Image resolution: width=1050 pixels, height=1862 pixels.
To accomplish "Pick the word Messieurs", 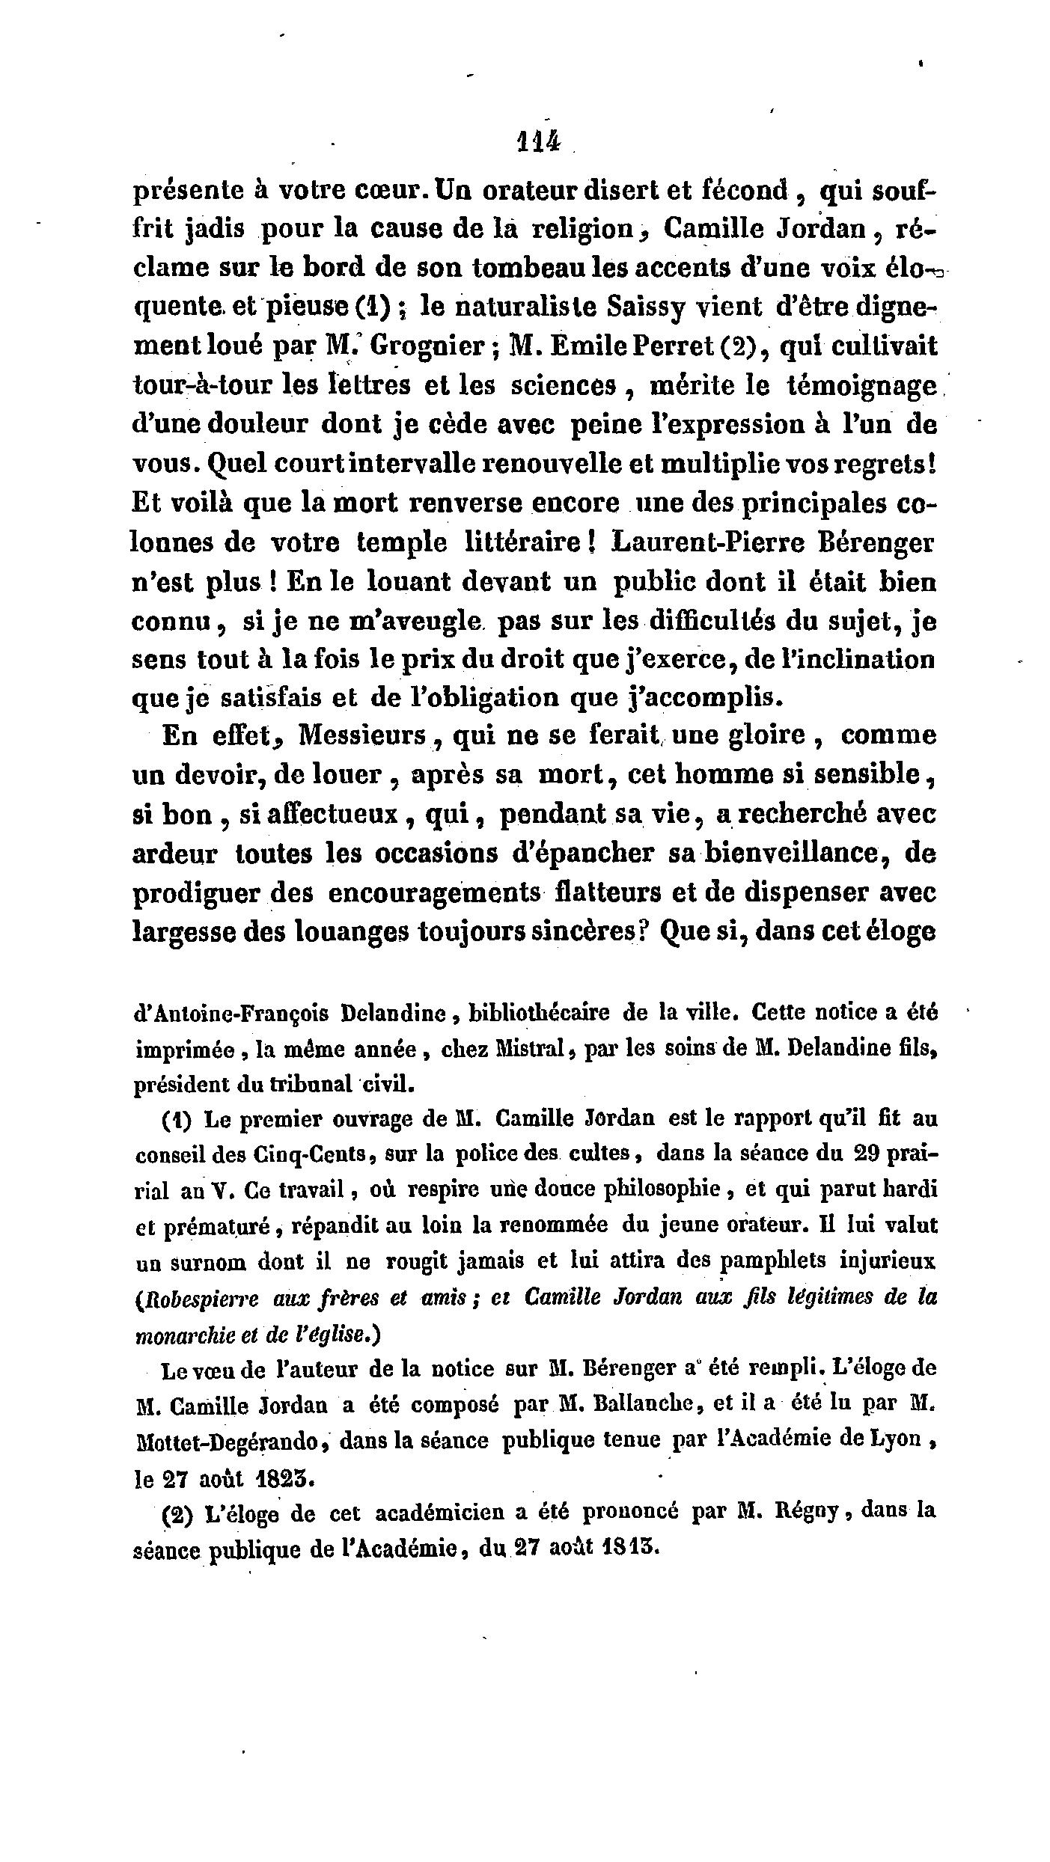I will pos(362,735).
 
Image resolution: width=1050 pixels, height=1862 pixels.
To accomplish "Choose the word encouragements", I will pos(435,892).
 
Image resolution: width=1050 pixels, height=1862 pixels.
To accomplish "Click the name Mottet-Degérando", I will pos(228,1440).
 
